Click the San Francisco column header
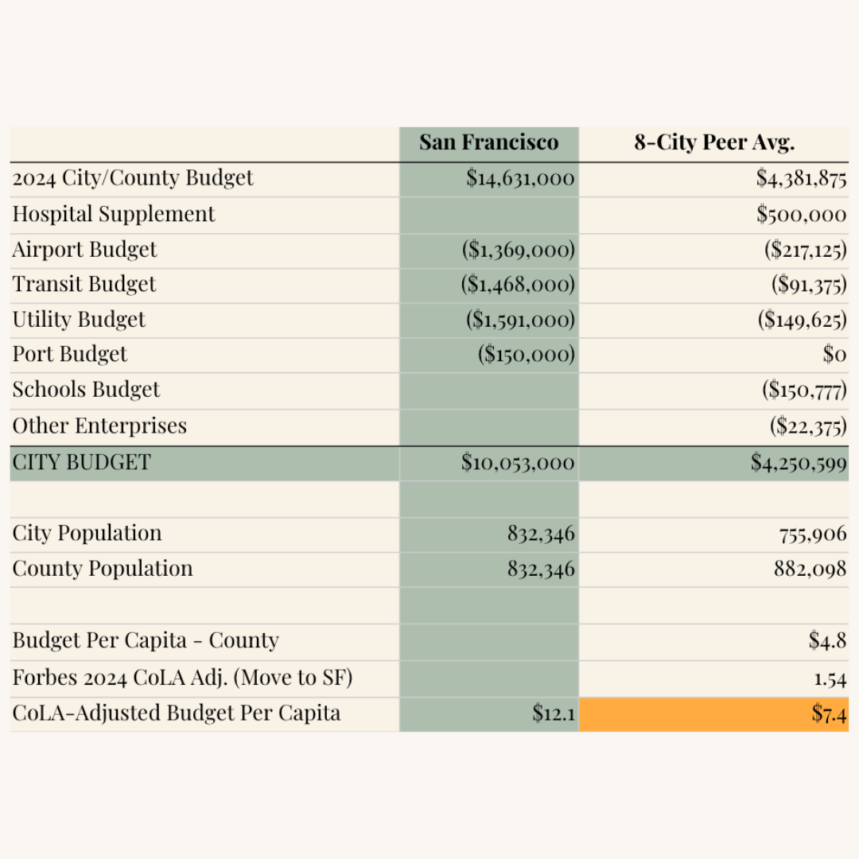tap(488, 143)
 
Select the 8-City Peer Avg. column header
tap(713, 143)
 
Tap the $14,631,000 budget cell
tap(520, 178)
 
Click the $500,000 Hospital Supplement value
tap(801, 214)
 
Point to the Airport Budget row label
tap(84, 250)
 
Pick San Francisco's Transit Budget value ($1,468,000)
tap(518, 285)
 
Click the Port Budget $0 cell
tap(834, 355)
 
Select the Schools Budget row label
tap(86, 390)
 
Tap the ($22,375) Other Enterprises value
tap(807, 426)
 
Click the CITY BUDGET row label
tap(81, 462)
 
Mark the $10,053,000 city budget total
tap(518, 463)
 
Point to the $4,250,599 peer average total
tap(799, 463)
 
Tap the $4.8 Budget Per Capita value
tap(827, 641)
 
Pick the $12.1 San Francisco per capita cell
tap(554, 714)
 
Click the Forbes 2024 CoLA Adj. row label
tap(182, 678)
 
